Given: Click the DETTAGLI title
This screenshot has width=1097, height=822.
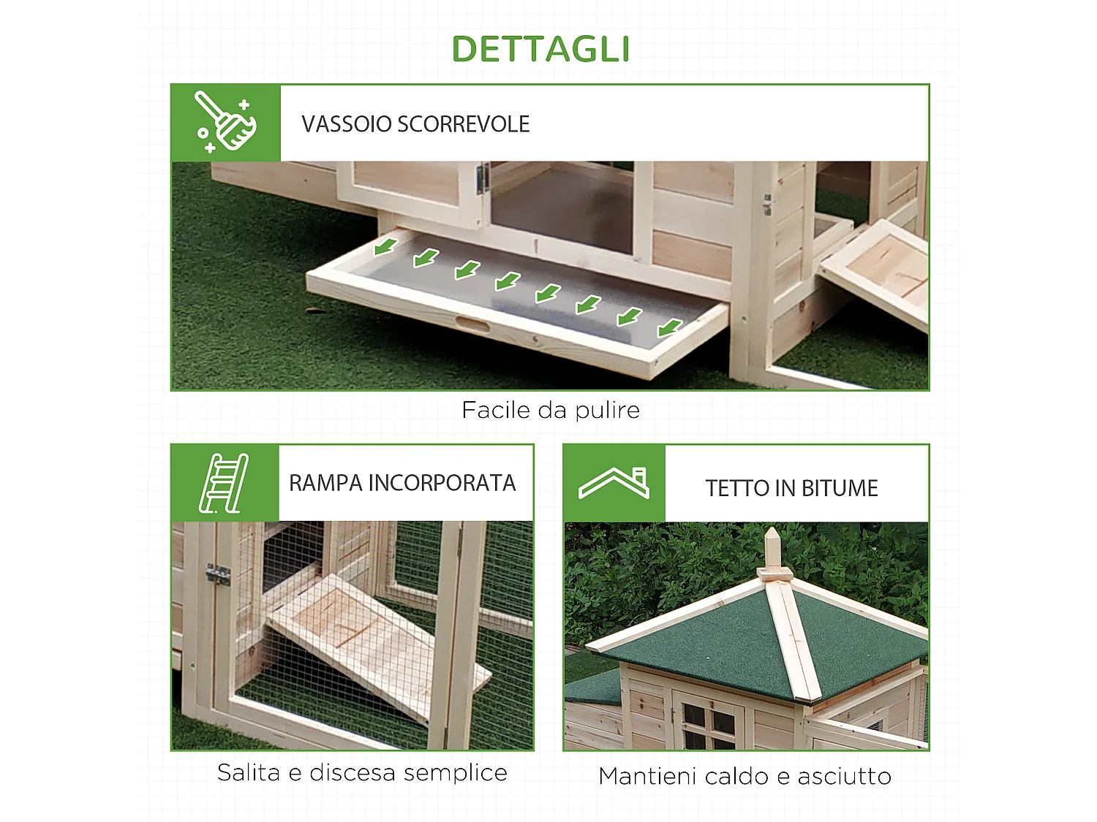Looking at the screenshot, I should (540, 49).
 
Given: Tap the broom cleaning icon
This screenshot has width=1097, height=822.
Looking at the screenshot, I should (225, 123).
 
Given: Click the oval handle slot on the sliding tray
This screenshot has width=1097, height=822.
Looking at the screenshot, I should (472, 324).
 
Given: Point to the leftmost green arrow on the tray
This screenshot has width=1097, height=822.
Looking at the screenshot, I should (385, 246).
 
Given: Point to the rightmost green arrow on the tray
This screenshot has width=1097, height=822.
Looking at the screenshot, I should (669, 328).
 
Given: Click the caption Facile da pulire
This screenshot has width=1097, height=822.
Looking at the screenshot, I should (550, 410).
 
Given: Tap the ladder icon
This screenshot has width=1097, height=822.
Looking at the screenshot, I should (224, 483).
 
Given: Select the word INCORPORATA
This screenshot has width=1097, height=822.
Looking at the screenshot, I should (442, 483).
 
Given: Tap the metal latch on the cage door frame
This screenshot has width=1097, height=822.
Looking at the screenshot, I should (217, 575).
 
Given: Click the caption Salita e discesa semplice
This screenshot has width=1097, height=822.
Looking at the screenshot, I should (362, 772).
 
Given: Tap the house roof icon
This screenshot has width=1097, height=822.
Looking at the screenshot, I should (614, 484).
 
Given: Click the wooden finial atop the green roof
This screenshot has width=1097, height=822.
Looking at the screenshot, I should (772, 553).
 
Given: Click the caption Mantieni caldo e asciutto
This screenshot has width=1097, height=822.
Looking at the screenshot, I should (744, 776).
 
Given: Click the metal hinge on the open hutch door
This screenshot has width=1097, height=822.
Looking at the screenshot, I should (482, 178).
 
